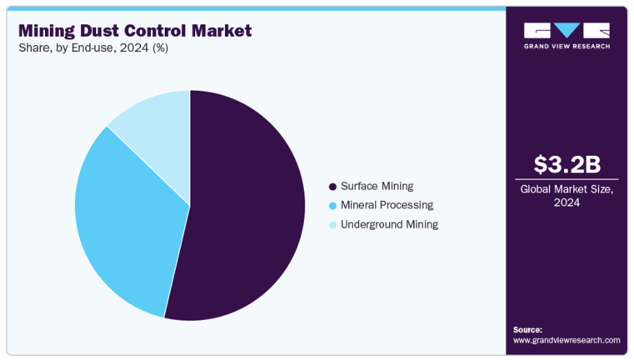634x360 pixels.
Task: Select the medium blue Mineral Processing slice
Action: tap(125, 222)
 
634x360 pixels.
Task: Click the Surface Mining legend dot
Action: tap(332, 187)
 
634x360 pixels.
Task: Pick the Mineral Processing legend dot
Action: tap(332, 206)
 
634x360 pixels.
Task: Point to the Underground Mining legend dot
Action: tap(332, 225)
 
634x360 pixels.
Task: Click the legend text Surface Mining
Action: tap(377, 186)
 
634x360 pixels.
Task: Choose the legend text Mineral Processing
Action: tap(386, 205)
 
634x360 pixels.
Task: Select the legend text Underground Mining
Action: tap(389, 224)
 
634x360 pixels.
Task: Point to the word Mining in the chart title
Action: tap(45, 31)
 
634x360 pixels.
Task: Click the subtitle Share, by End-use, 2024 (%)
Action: tap(93, 48)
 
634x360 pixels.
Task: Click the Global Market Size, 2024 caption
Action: tap(567, 195)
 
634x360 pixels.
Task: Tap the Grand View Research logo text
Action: tap(567, 46)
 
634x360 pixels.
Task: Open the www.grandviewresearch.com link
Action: tap(566, 340)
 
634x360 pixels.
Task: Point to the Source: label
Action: tap(527, 330)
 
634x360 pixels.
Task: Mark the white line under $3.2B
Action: tap(567, 179)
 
